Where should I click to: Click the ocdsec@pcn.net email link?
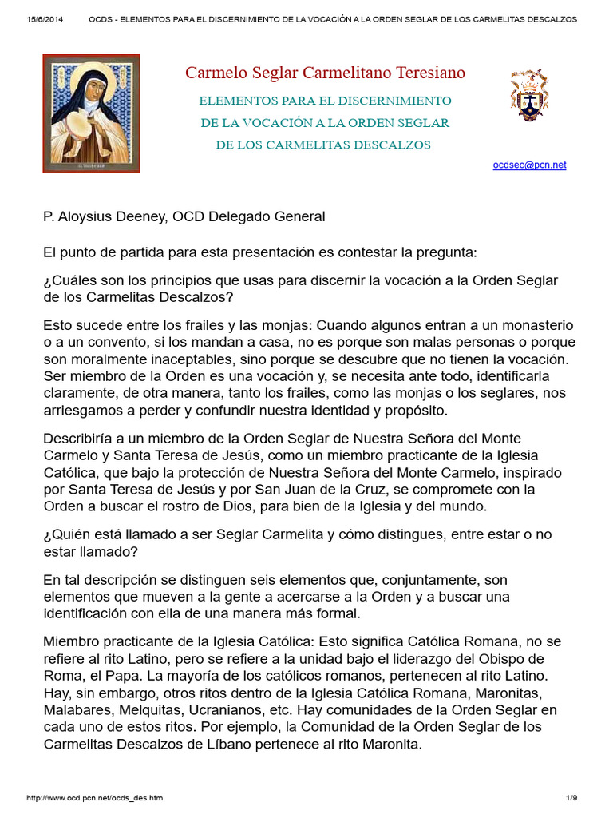(530, 165)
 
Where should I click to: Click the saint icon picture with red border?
(92, 113)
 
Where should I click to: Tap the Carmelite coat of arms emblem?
(529, 94)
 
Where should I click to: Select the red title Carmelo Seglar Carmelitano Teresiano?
(325, 73)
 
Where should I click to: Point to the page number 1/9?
(571, 798)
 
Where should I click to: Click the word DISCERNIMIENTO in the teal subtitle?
(396, 101)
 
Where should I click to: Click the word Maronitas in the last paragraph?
(504, 693)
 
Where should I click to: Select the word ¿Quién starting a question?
(69, 534)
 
